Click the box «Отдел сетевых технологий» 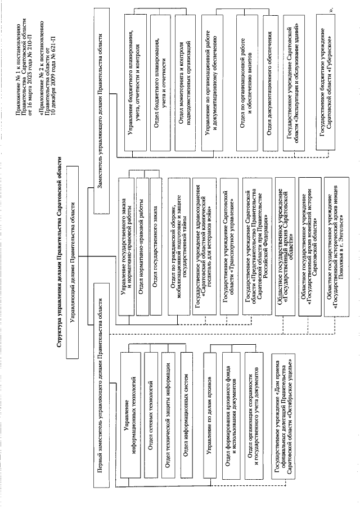pyautogui.click(x=150, y=397)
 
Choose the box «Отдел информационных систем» pyautogui.click(x=186, y=397)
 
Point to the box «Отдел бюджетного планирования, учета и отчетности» pyautogui.click(x=159, y=83)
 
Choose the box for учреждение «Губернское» pyautogui.click(x=324, y=83)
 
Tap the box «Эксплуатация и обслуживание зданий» pyautogui.click(x=294, y=83)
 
